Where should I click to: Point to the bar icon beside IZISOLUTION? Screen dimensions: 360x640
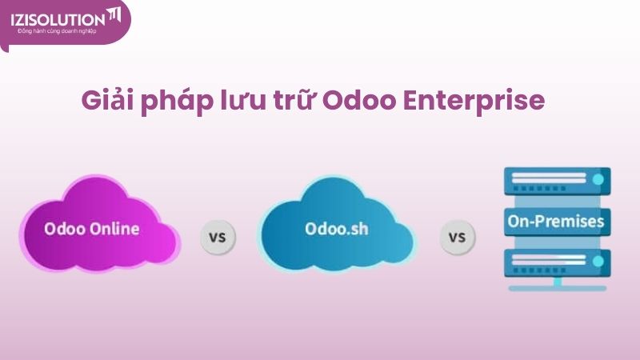[x=114, y=15]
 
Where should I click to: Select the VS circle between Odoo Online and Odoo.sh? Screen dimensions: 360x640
[x=217, y=237]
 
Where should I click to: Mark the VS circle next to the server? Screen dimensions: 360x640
[x=457, y=237]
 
